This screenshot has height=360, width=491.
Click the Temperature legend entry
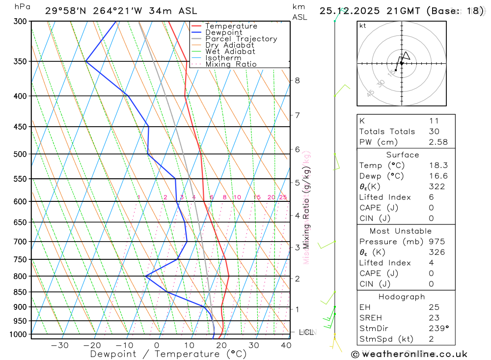[231, 26]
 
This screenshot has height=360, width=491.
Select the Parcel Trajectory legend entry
[241, 39]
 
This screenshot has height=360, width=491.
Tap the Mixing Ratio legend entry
[231, 64]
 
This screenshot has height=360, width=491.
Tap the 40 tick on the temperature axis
[286, 345]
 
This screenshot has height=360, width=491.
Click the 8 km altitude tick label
[298, 81]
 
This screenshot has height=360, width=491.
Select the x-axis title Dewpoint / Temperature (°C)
[168, 354]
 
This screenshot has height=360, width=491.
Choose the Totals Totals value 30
[434, 132]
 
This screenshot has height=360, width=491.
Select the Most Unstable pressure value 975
[436, 242]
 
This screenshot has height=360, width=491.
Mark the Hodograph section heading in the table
[402, 297]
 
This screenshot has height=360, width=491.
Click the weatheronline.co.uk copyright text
[409, 354]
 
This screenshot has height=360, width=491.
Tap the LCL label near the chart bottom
[306, 332]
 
